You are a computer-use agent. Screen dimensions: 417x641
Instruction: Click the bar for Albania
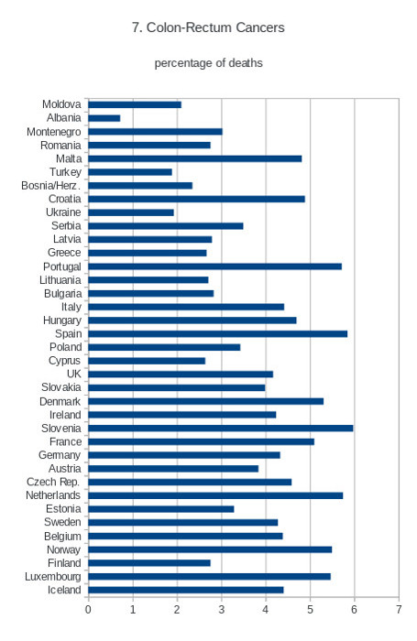click(x=104, y=118)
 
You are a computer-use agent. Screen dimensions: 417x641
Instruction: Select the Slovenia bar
click(x=221, y=429)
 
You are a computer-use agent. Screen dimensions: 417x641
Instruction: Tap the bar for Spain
click(x=218, y=334)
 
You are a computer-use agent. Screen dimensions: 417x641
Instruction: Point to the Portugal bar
click(x=214, y=266)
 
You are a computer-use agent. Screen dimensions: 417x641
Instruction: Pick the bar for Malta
click(x=195, y=158)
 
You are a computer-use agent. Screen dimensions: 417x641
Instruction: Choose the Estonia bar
click(x=161, y=509)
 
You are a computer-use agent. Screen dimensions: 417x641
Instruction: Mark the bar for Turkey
click(x=130, y=172)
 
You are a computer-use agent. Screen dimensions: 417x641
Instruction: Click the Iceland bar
click(x=186, y=591)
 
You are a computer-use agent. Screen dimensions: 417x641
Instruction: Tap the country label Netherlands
click(x=53, y=495)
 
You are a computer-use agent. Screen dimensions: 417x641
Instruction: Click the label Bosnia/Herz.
click(x=50, y=186)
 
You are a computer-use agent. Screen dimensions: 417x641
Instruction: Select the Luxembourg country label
click(x=53, y=577)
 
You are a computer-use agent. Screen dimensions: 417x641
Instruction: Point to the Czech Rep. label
click(x=53, y=483)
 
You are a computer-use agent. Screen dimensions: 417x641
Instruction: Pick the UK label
click(x=74, y=374)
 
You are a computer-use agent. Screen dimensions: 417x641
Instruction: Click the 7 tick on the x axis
click(x=399, y=610)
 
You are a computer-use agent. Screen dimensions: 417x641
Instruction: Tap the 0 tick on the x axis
click(x=88, y=610)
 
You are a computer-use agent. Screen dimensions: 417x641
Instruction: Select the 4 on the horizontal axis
click(x=266, y=610)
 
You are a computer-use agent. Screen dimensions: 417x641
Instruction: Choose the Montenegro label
click(x=53, y=132)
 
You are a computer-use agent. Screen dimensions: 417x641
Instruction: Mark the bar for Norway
click(x=210, y=549)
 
